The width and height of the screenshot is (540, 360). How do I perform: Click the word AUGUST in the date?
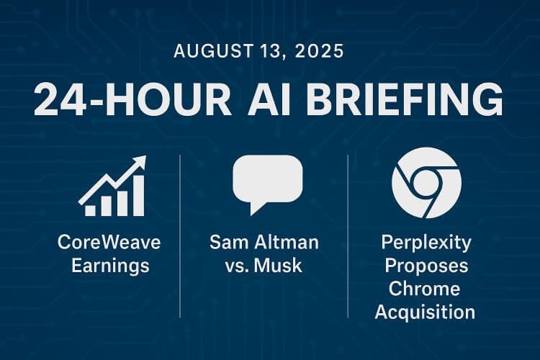[213, 51]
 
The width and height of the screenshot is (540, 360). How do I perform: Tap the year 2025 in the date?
[319, 51]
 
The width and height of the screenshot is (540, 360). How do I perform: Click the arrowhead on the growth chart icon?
[140, 162]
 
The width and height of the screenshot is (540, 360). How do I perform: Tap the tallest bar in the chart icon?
[138, 196]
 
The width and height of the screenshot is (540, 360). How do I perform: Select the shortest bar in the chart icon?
[90, 210]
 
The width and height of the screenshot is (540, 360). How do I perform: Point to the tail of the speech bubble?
[256, 208]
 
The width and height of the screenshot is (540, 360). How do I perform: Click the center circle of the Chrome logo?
[427, 182]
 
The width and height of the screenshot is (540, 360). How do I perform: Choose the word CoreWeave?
[109, 242]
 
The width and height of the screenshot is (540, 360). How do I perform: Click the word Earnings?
[111, 266]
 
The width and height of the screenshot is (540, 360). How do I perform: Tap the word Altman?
[287, 242]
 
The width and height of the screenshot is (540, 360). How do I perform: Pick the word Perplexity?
[426, 243]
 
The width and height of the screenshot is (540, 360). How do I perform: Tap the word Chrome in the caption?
[424, 289]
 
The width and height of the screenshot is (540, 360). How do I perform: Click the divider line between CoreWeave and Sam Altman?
[180, 236]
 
